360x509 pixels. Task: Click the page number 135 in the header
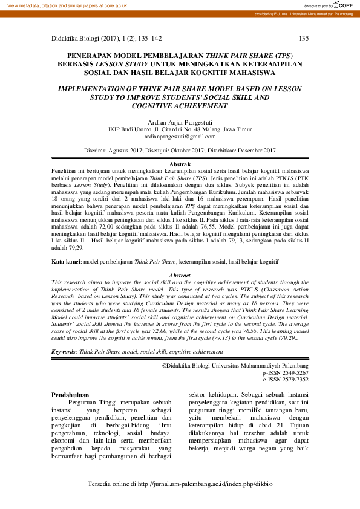(304, 39)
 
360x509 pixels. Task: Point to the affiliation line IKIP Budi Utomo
(180, 129)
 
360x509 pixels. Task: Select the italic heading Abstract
(179, 275)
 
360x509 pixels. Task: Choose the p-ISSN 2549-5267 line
(285, 373)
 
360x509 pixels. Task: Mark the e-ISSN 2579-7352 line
(285, 380)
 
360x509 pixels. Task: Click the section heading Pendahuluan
(70, 394)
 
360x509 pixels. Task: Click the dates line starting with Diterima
(180, 149)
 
